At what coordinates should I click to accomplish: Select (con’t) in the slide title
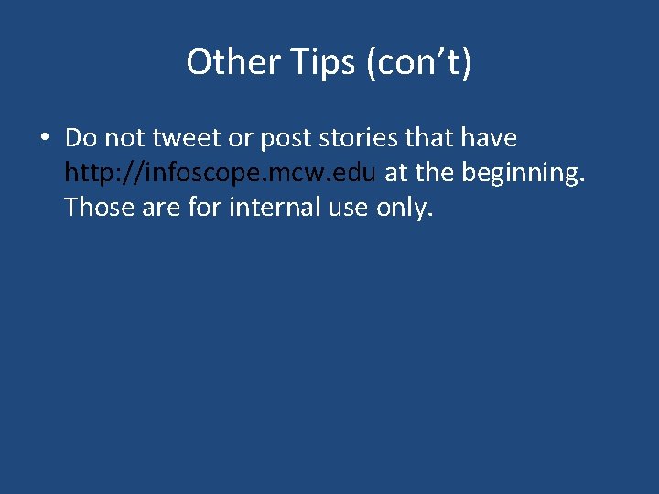point(417,62)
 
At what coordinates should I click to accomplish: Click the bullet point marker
point(43,139)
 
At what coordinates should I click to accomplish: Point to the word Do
point(81,138)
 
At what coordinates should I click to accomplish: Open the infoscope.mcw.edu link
point(221,173)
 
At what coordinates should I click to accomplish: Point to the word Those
point(98,208)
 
